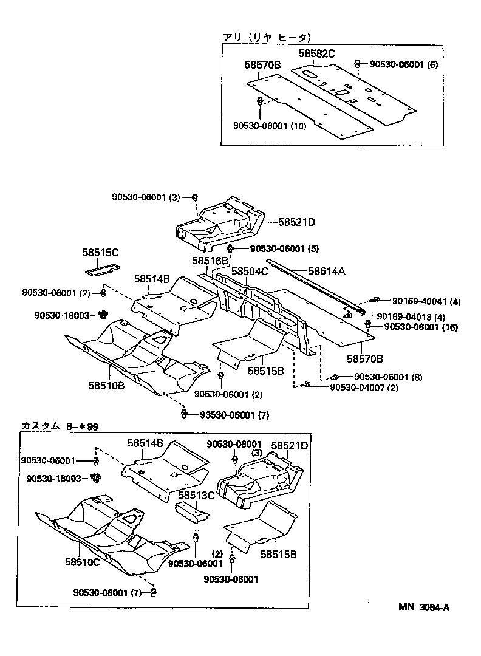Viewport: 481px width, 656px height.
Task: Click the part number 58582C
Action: tap(316, 54)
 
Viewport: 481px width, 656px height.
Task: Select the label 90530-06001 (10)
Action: tap(270, 125)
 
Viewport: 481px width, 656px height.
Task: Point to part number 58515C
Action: tap(100, 251)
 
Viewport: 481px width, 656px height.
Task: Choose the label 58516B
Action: tap(210, 261)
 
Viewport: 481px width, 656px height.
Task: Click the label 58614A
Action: tap(327, 272)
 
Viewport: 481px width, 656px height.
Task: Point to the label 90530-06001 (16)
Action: tap(424, 327)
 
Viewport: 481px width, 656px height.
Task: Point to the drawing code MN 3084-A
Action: tap(424, 607)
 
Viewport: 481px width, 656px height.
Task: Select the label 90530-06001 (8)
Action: tap(388, 377)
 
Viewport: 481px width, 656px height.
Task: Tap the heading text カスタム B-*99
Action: tap(60, 426)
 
